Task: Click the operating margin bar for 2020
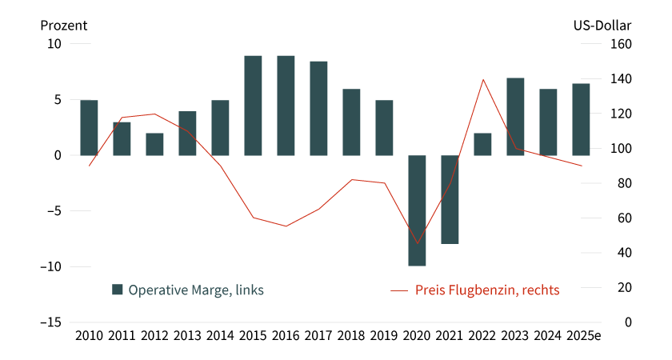pyautogui.click(x=417, y=210)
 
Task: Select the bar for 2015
pyautogui.click(x=253, y=105)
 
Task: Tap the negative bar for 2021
pyautogui.click(x=450, y=199)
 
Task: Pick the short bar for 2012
pyautogui.click(x=154, y=144)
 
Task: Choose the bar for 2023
pyautogui.click(x=515, y=116)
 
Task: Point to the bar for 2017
pyautogui.click(x=318, y=108)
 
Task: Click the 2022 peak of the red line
pyautogui.click(x=483, y=79)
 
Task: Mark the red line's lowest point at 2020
pyautogui.click(x=417, y=243)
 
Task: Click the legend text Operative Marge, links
pyautogui.click(x=196, y=290)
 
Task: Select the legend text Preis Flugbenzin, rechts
pyautogui.click(x=487, y=290)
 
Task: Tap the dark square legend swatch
pyautogui.click(x=118, y=290)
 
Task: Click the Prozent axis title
pyautogui.click(x=64, y=24)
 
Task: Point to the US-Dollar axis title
pyautogui.click(x=602, y=24)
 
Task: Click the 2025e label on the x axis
pyautogui.click(x=582, y=335)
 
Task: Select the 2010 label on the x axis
pyautogui.click(x=89, y=335)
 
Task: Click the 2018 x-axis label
pyautogui.click(x=351, y=335)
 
